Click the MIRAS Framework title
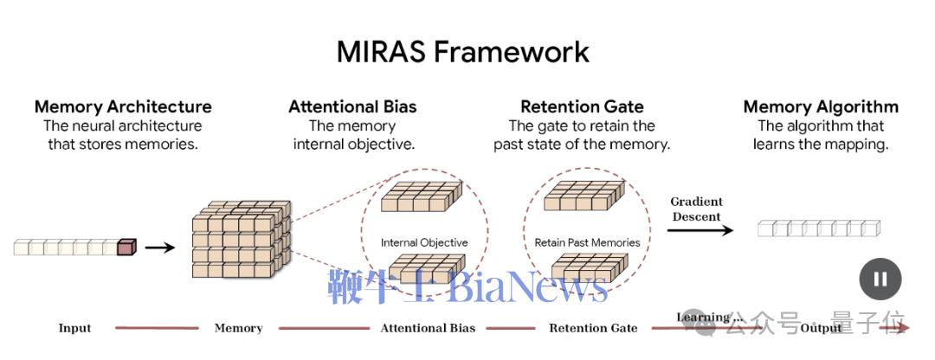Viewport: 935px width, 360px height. pos(463,51)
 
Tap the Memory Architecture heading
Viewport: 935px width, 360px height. pos(123,107)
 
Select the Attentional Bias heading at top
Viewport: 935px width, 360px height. pos(352,107)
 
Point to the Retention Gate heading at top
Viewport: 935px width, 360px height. pos(582,107)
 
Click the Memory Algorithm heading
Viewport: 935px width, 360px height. pos(821,107)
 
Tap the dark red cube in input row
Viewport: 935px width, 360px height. pos(126,247)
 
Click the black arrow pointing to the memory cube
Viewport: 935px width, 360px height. pos(159,247)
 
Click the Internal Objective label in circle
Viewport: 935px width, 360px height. pos(423,242)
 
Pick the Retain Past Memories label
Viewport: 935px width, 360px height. pos(587,242)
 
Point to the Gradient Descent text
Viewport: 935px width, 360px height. pos(696,209)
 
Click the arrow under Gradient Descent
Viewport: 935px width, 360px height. pos(700,230)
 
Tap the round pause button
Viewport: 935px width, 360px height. pos(880,280)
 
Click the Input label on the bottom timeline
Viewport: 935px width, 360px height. pos(74,328)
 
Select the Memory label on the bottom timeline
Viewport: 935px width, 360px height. pos(238,328)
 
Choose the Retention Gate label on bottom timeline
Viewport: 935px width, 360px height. pos(593,328)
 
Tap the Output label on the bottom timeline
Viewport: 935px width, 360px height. pos(821,328)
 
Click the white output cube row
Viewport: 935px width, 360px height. pos(818,228)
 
